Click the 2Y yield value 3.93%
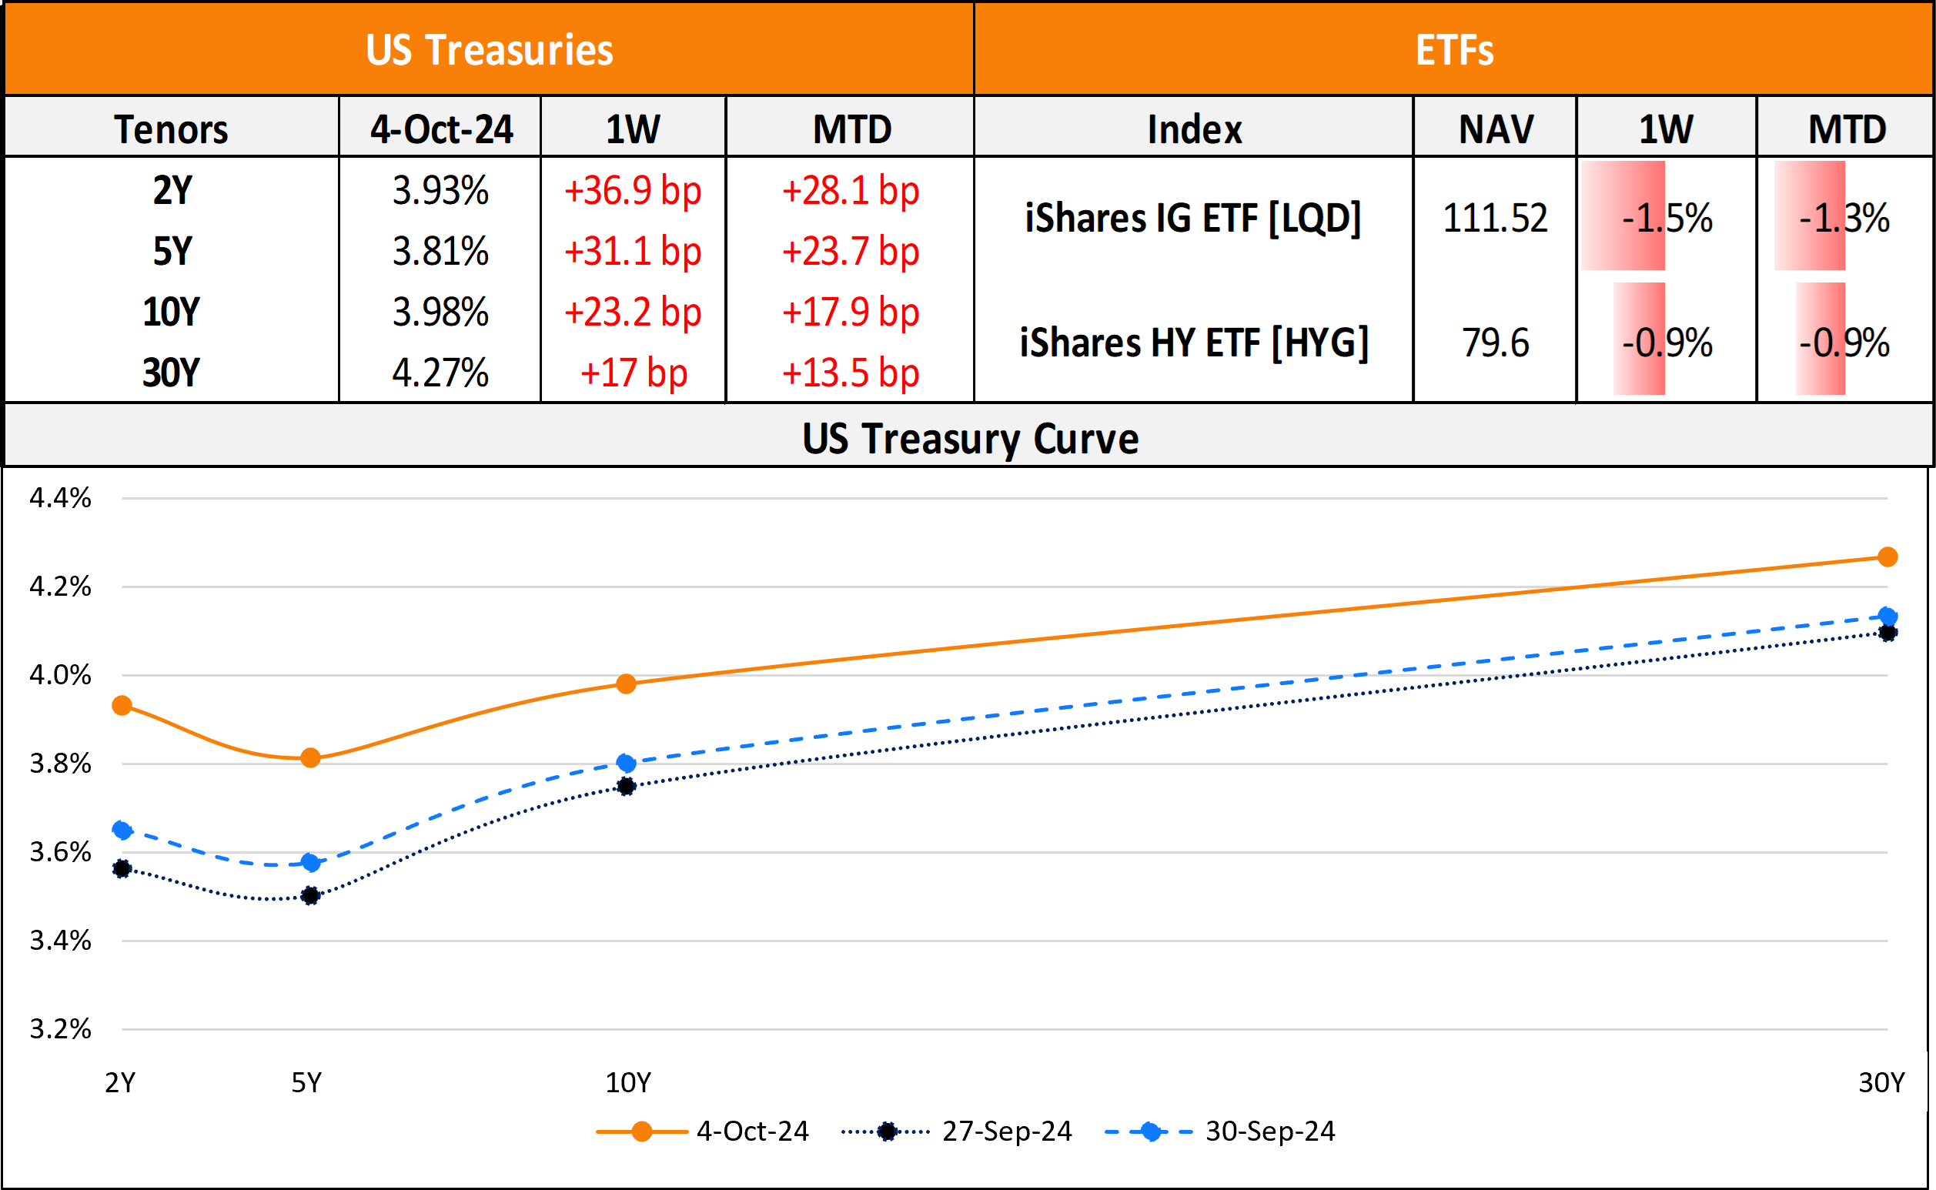pos(441,190)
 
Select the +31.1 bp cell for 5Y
pos(633,252)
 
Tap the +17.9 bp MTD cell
pos(850,313)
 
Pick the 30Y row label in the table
pos(172,373)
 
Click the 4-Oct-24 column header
pos(441,129)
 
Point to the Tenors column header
pos(172,129)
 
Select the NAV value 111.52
pos(1494,218)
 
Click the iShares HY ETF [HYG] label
pos(1194,343)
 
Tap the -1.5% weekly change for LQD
pos(1667,218)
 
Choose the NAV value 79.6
pos(1494,343)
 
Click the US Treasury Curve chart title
pos(970,439)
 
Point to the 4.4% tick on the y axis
pos(61,497)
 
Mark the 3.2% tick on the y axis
pos(61,1028)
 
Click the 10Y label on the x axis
pos(627,1083)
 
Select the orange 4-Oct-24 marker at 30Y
pos(1888,557)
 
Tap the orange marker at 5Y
pos(311,758)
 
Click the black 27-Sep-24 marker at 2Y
pos(122,869)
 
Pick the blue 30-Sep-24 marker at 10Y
pos(627,763)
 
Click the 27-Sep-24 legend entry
pos(1006,1132)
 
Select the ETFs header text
pos(1453,50)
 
